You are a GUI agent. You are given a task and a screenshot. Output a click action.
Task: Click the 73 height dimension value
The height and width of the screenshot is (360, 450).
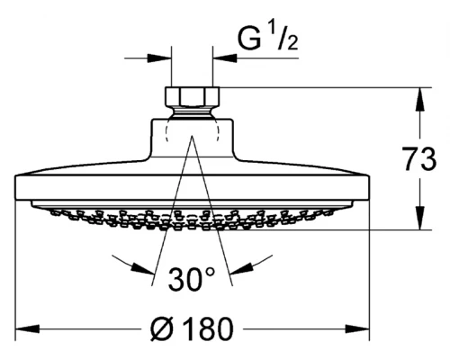pos(420,159)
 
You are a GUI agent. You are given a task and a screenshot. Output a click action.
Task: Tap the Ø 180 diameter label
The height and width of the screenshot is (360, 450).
pos(192,328)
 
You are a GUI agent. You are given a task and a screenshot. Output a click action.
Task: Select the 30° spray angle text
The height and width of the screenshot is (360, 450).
pos(192,279)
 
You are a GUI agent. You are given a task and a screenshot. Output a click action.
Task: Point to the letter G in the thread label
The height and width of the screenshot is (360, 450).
pos(249,38)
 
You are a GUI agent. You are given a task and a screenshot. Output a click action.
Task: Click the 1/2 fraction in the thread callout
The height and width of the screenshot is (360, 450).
pos(283,38)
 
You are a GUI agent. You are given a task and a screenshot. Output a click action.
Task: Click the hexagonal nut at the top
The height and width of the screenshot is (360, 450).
pos(193,97)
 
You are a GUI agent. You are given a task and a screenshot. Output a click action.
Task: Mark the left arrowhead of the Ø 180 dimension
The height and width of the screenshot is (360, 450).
pos(28,329)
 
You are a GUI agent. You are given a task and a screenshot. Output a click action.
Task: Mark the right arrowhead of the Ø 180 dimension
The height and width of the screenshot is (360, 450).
pos(357,329)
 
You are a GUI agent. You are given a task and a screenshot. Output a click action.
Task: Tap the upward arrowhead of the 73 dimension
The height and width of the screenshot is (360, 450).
pos(419,100)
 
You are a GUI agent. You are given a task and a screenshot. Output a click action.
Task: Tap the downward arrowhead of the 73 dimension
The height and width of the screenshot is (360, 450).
pos(419,218)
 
